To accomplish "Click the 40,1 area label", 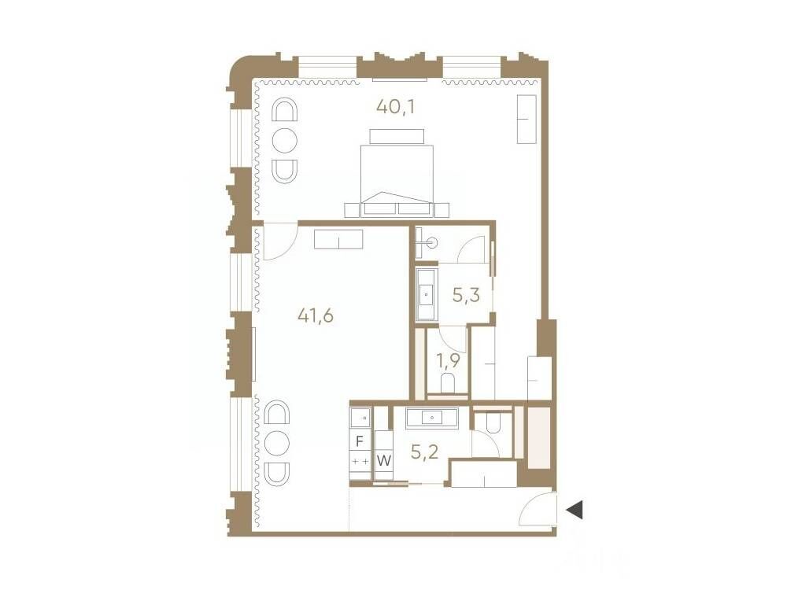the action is pyautogui.click(x=395, y=106).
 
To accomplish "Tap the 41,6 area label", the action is pyautogui.click(x=316, y=315).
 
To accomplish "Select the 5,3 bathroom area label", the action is pyautogui.click(x=466, y=295).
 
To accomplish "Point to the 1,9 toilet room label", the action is pyautogui.click(x=448, y=360).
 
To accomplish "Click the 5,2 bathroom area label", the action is pyautogui.click(x=425, y=452).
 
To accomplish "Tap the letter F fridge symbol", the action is pyautogui.click(x=359, y=441).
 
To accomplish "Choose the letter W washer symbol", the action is pyautogui.click(x=383, y=460).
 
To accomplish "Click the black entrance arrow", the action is pyautogui.click(x=575, y=510).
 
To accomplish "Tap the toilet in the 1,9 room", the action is pyautogui.click(x=448, y=383).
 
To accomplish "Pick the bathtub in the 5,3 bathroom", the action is pyautogui.click(x=427, y=294).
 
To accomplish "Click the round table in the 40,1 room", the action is pyautogui.click(x=285, y=140).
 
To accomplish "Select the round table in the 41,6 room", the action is pyautogui.click(x=278, y=442).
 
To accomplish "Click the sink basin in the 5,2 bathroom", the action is pyautogui.click(x=432, y=418).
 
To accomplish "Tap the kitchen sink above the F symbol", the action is pyautogui.click(x=361, y=418).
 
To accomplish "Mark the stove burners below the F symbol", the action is pyautogui.click(x=360, y=461).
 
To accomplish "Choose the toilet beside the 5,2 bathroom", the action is pyautogui.click(x=493, y=422).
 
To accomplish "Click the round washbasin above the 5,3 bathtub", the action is pyautogui.click(x=432, y=243).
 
